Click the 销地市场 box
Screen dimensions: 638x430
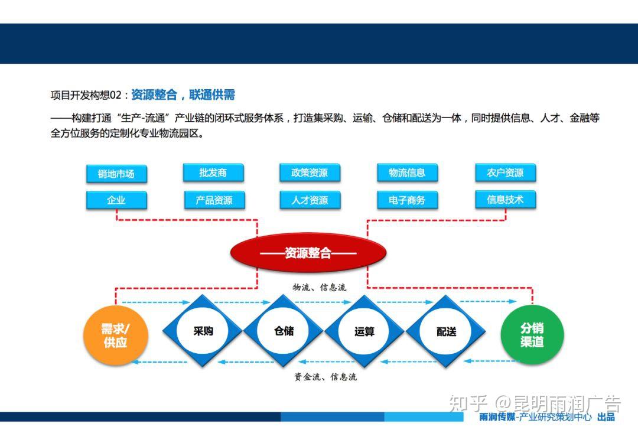coord(116,174)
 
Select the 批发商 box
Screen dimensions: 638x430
coord(213,172)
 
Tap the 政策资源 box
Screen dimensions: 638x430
coord(310,172)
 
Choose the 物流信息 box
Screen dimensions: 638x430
coord(407,172)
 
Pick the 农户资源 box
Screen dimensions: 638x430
coord(505,172)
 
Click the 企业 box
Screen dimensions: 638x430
coord(116,200)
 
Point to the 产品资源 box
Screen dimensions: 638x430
coord(214,200)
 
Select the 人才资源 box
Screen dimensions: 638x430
coord(310,200)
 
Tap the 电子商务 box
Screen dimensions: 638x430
coord(407,200)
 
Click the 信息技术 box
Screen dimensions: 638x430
coord(505,200)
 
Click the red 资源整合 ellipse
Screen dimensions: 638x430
coord(308,253)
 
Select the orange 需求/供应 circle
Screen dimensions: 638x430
coord(116,335)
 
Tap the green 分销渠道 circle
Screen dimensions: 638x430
coord(532,334)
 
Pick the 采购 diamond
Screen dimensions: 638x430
coord(203,331)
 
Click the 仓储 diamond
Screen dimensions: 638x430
coord(284,331)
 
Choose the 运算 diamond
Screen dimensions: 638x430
coord(364,331)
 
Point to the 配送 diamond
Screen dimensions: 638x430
coord(446,331)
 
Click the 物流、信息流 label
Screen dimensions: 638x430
coord(320,287)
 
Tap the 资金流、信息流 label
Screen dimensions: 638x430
coord(325,377)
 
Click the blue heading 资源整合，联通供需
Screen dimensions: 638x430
coord(183,95)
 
